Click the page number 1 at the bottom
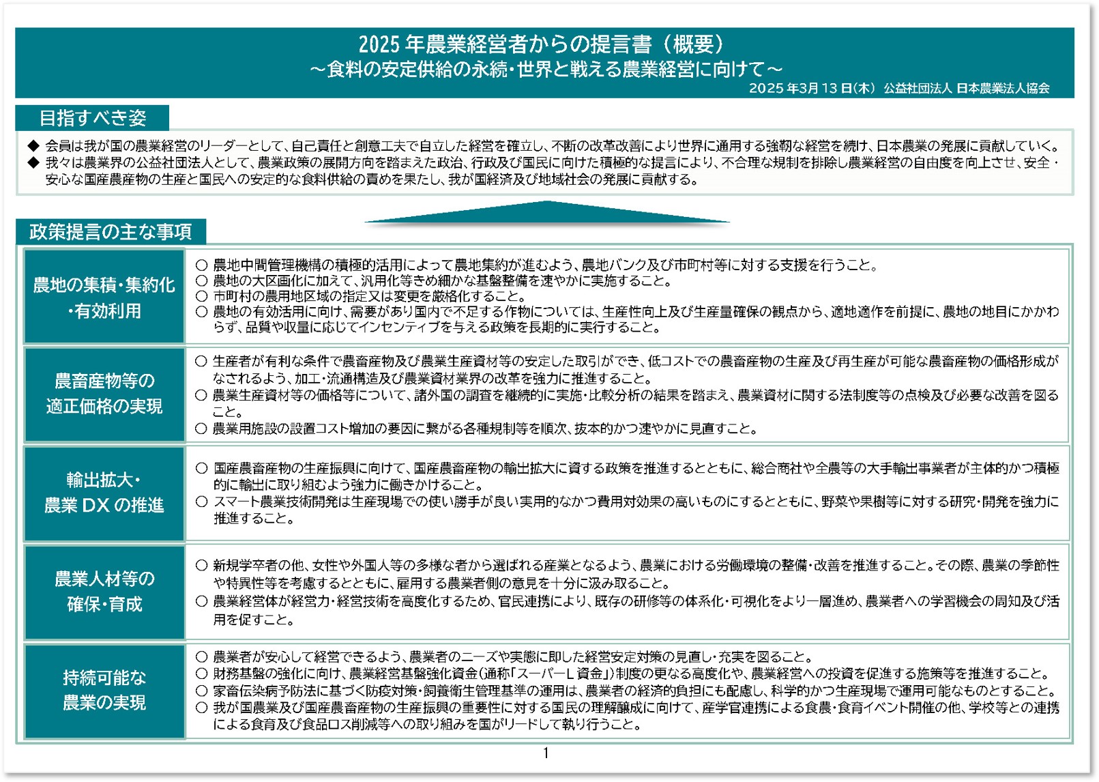pos(546,753)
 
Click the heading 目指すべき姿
pos(93,118)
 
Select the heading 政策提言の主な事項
pos(111,232)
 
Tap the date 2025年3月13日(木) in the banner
pos(811,88)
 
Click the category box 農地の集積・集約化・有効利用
pos(104,298)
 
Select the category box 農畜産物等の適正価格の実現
pos(104,394)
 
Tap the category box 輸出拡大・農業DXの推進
pos(104,493)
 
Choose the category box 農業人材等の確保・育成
pos(104,592)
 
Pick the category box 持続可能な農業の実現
pos(104,690)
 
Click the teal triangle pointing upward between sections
pos(547,214)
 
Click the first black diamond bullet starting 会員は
pos(33,146)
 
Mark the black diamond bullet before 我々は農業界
pos(33,163)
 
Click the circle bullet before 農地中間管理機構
pos(201,265)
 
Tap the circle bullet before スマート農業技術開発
pos(201,502)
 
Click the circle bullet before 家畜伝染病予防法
pos(201,691)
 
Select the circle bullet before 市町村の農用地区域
pos(201,297)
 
